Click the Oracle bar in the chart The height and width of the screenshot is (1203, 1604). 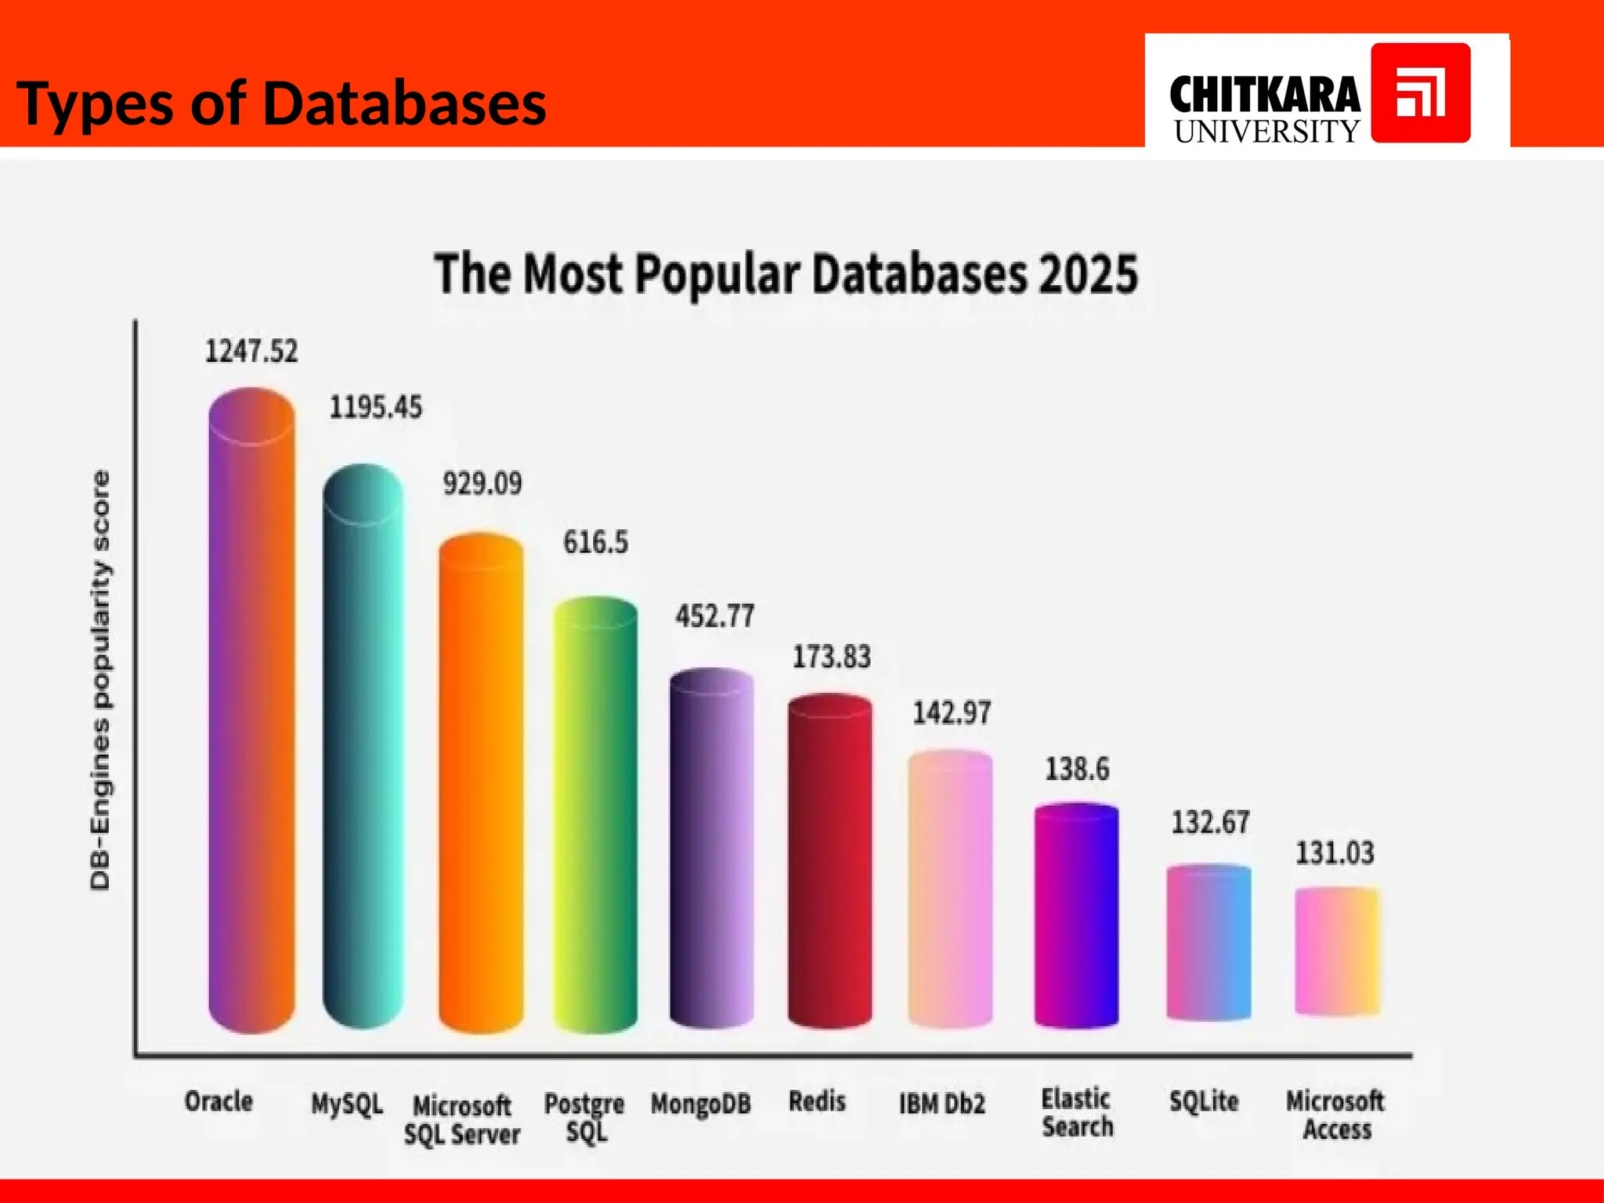[x=251, y=713]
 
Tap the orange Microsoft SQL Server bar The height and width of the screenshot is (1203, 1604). [x=481, y=783]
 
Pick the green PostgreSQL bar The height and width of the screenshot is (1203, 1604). [x=595, y=815]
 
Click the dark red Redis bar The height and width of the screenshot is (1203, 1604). [x=829, y=862]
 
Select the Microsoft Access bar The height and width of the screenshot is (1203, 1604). [x=1337, y=952]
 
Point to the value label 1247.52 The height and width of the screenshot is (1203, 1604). [x=251, y=351]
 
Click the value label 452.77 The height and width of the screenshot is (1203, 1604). [x=714, y=616]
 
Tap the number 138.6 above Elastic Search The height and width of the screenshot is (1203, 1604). [x=1077, y=769]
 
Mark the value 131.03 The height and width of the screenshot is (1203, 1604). [x=1335, y=852]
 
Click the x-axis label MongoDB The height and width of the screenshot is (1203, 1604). [x=700, y=1104]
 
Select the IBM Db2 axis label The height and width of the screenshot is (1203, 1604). [x=941, y=1104]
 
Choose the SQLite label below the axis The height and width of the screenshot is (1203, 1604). [x=1204, y=1101]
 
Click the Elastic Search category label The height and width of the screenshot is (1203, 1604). [x=1077, y=1113]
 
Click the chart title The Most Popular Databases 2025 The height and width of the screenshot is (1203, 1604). [x=786, y=274]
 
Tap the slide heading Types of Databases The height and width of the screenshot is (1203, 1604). [x=281, y=103]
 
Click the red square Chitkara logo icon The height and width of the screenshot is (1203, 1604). [x=1420, y=93]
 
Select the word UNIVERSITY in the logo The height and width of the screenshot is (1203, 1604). [x=1266, y=132]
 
